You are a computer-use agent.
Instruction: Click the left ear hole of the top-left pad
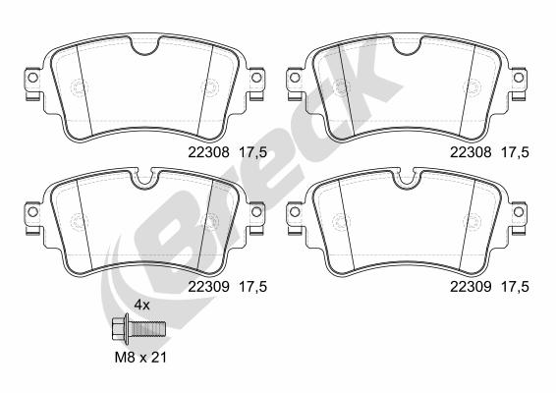coord(32,78)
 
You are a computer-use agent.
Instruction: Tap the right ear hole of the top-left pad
coord(256,78)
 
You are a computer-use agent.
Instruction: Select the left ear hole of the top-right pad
coord(295,78)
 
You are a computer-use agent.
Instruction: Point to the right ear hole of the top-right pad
coord(518,78)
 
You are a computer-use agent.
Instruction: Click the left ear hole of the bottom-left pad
coord(32,212)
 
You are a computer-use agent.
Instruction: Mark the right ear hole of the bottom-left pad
coord(256,212)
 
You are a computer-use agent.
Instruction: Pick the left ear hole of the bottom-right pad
coord(295,212)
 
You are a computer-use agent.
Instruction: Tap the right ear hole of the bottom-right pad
coord(518,212)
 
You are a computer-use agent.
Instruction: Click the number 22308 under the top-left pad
coord(209,152)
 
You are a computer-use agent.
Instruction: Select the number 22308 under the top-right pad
coord(471,152)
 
